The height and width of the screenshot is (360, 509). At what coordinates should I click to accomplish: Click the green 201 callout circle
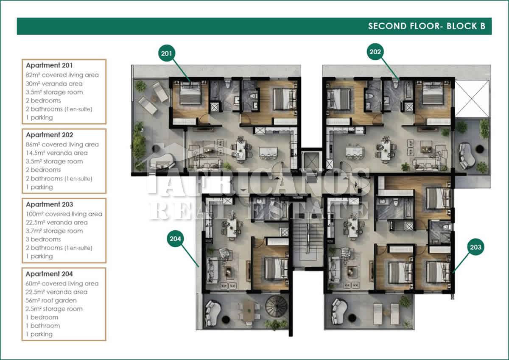point(167,53)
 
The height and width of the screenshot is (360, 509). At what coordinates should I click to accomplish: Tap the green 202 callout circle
point(375,52)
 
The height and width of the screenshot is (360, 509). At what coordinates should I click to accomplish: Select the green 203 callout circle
point(475,247)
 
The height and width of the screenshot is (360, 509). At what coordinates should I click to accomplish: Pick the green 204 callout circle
point(175,238)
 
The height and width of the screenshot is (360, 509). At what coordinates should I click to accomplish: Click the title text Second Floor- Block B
point(427,26)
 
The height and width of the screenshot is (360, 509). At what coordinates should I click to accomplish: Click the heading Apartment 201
point(49,65)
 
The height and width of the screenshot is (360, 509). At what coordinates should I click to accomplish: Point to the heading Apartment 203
point(50,204)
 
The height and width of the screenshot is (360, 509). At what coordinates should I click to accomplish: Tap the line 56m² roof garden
point(51,301)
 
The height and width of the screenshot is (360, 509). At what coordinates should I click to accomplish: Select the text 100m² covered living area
point(64,214)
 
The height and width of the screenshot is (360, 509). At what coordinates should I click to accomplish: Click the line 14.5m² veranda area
point(57,153)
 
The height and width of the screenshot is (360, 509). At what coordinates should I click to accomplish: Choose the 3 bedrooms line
point(43,239)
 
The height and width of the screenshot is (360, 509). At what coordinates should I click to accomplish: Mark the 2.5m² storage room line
point(54,309)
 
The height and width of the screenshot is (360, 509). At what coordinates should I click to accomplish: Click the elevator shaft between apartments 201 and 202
point(312,161)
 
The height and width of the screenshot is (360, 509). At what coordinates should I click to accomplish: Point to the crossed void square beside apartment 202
point(472,98)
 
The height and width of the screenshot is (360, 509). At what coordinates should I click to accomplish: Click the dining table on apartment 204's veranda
point(249,312)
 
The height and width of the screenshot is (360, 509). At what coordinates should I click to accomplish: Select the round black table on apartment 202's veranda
point(480,149)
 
